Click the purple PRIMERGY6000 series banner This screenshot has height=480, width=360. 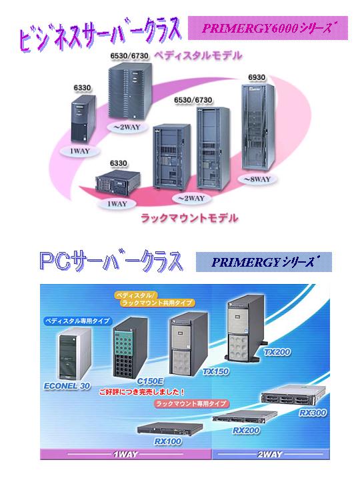click(268, 28)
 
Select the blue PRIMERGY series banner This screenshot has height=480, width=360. click(263, 262)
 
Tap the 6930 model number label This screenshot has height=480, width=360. click(257, 77)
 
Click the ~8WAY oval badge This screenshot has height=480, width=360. click(257, 179)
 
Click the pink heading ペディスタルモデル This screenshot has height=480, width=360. click(198, 56)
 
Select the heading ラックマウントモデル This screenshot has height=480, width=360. click(189, 218)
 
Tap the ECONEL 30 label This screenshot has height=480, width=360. click(67, 386)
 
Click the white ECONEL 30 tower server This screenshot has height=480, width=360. click(75, 354)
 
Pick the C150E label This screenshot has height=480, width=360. click(150, 381)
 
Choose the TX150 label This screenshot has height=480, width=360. click(215, 371)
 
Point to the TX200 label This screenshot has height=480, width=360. click(277, 352)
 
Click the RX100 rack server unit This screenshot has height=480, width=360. click(170, 428)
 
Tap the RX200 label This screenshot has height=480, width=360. click(246, 431)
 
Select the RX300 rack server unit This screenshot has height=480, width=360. click(292, 395)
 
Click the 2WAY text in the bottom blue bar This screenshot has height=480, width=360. click(269, 454)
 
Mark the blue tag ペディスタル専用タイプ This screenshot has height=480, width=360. click(77, 321)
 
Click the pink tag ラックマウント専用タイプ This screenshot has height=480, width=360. click(191, 403)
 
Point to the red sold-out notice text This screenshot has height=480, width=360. click(142, 391)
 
